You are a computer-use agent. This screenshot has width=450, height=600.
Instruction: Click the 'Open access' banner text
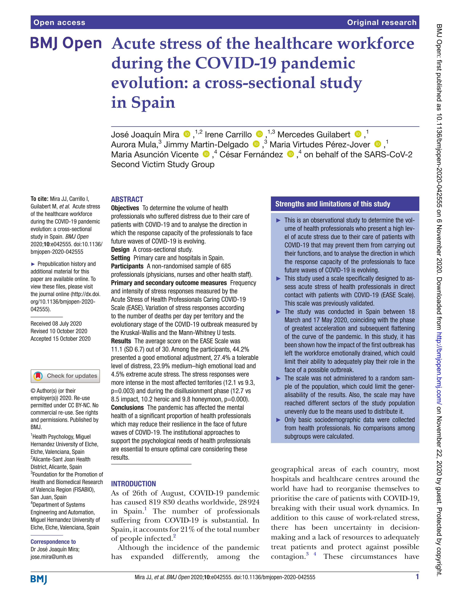click(x=59, y=22)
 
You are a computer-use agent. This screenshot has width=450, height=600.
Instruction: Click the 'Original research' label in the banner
click(x=381, y=22)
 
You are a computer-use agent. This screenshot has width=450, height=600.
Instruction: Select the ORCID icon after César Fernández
click(x=291, y=154)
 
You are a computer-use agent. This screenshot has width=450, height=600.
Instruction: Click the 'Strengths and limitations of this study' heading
click(x=333, y=204)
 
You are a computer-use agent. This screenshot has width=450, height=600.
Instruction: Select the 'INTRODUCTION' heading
click(x=133, y=484)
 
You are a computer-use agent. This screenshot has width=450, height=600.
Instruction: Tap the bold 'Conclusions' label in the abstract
click(x=127, y=407)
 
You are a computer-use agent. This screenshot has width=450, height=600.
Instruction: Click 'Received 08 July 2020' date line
click(x=56, y=324)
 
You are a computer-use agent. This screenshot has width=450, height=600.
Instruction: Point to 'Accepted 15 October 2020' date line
click(x=60, y=339)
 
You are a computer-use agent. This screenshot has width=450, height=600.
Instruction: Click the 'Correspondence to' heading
click(x=53, y=542)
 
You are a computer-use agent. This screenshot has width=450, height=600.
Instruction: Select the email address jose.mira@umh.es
click(x=51, y=557)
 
